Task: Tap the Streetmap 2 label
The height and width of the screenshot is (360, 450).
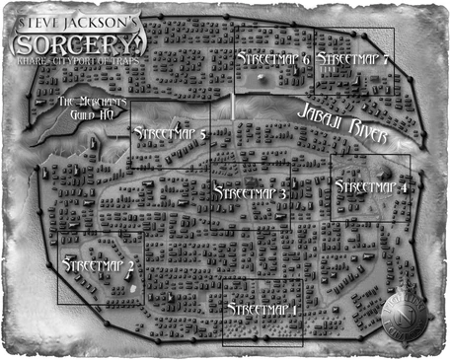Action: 98,265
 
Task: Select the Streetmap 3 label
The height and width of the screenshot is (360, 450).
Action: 250,194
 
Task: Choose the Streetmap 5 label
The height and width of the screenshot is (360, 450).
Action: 169,132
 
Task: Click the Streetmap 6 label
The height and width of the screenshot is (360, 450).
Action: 273,59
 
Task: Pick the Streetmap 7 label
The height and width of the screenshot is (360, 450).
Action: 352,59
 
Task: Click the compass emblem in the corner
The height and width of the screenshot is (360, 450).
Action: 405,315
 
